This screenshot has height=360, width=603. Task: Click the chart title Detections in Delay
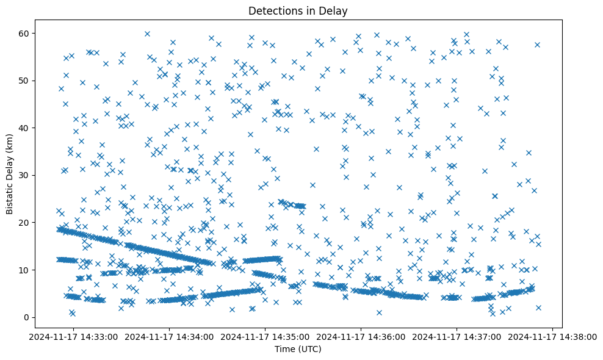(298, 10)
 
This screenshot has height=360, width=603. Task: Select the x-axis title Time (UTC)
(298, 350)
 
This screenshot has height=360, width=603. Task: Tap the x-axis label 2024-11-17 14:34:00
(171, 336)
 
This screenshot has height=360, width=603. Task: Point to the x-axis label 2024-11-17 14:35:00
(266, 336)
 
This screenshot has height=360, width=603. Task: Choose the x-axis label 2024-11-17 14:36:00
(361, 336)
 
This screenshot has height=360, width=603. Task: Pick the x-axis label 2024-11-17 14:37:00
(457, 336)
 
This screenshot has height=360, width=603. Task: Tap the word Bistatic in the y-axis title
(10, 197)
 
